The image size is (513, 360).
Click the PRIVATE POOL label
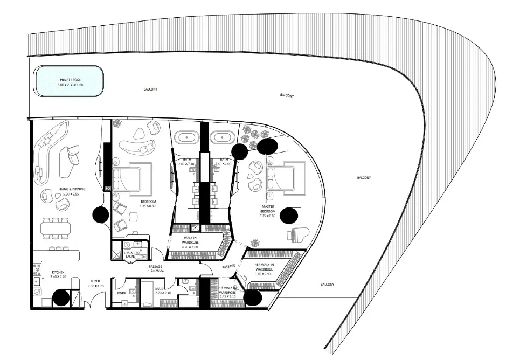tap(68, 79)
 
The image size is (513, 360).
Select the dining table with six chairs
tap(56, 229)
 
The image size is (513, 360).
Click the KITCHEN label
tap(58, 273)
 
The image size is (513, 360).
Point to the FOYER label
tap(95, 281)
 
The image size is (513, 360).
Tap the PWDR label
tap(121, 294)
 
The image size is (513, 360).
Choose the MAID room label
tap(159, 289)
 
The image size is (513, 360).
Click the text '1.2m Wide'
tap(156, 272)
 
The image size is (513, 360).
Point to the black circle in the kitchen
tap(60, 297)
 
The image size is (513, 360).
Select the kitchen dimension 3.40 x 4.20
tap(58, 278)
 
